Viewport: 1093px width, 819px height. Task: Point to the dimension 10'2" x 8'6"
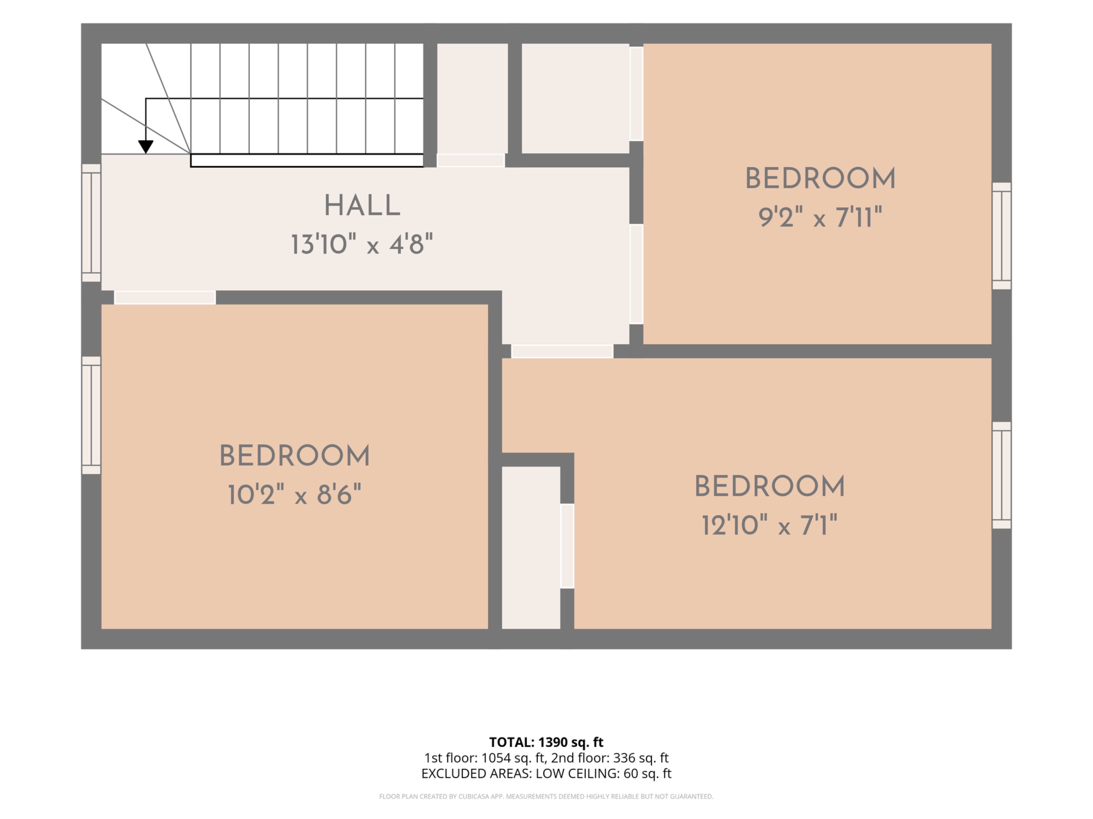pyautogui.click(x=295, y=494)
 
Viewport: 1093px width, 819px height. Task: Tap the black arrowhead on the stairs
pyautogui.click(x=146, y=147)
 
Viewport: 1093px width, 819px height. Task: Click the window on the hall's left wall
pyautogui.click(x=91, y=223)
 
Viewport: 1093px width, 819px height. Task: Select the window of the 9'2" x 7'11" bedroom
pyautogui.click(x=1002, y=236)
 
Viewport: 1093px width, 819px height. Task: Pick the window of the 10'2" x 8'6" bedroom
pyautogui.click(x=91, y=415)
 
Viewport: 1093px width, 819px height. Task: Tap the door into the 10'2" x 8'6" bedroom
pyautogui.click(x=165, y=297)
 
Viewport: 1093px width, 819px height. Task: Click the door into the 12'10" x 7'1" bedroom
pyautogui.click(x=562, y=351)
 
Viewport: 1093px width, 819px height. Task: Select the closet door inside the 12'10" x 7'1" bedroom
pyautogui.click(x=567, y=546)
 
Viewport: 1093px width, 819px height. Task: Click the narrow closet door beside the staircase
pyautogui.click(x=471, y=160)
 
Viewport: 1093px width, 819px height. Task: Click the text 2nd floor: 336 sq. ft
pyautogui.click(x=610, y=758)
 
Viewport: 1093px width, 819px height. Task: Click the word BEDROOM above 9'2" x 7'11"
pyautogui.click(x=820, y=178)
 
